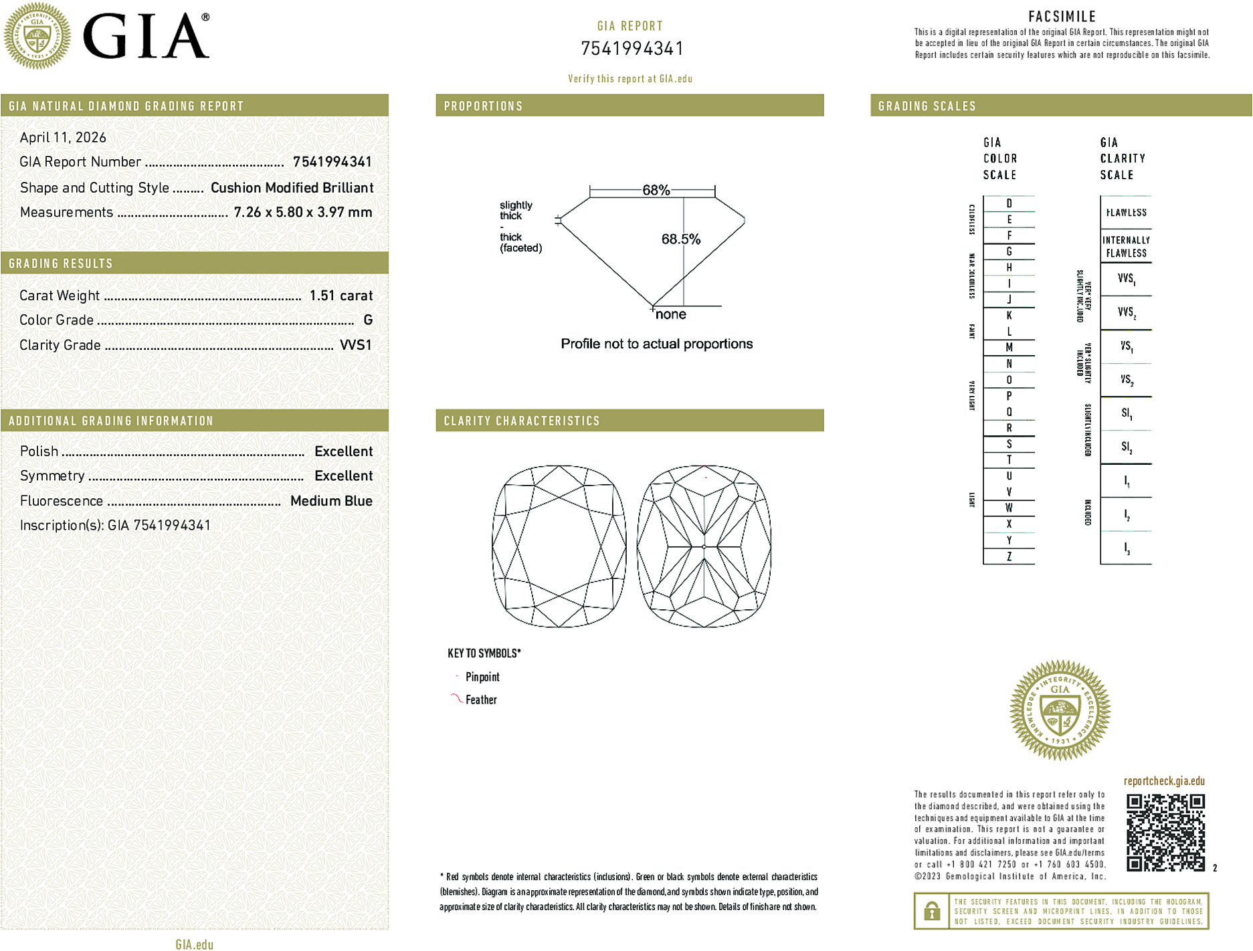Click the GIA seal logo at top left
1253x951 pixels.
click(x=37, y=36)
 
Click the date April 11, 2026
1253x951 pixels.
click(x=63, y=138)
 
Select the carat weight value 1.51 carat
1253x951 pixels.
click(x=341, y=296)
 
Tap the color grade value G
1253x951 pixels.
click(x=368, y=320)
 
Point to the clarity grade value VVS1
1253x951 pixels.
click(x=355, y=345)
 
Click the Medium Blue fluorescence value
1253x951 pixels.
click(x=331, y=501)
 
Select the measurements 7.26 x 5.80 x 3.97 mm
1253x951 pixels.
click(x=303, y=213)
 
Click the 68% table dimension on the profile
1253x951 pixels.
click(x=656, y=190)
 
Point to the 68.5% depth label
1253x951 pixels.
click(x=680, y=239)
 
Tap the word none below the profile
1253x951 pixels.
click(x=670, y=314)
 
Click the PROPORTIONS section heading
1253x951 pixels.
click(x=483, y=106)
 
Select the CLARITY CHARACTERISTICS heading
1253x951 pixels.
click(x=522, y=421)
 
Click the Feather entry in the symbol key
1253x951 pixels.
click(x=481, y=700)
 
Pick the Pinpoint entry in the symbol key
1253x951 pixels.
click(x=482, y=677)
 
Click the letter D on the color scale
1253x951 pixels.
click(x=1009, y=203)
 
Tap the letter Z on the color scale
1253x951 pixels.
click(x=1009, y=556)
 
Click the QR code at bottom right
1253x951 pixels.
click(x=1165, y=833)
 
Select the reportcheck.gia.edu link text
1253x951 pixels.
click(x=1164, y=781)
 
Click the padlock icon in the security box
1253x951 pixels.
click(x=931, y=911)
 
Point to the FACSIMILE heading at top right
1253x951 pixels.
click(x=1062, y=17)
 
